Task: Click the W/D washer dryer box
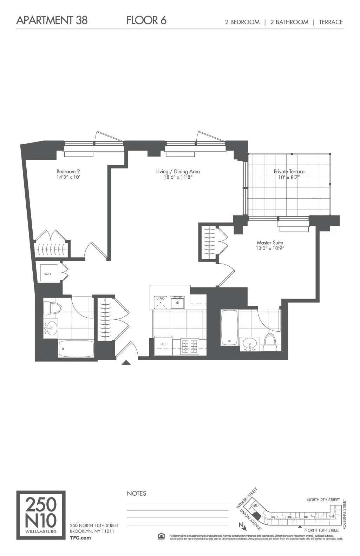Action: pos(48,273)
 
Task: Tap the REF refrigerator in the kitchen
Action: pos(163,346)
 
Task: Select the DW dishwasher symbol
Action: pos(161,302)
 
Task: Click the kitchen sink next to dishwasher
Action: pos(177,302)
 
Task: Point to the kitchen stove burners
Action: pos(190,346)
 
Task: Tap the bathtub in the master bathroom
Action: pos(229,327)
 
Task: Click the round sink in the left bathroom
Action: pos(51,329)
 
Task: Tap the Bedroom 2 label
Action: pos(68,171)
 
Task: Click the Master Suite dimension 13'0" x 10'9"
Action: pos(270,249)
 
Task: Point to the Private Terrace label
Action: pos(289,171)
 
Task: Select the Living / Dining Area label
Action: pos(178,171)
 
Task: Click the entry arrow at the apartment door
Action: pos(126,363)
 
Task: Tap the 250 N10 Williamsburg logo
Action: pos(41,515)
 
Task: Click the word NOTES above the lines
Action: pos(136,493)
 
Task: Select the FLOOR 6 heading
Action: pos(146,20)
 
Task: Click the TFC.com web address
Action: pos(80,537)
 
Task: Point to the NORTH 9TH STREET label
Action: pos(323,499)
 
